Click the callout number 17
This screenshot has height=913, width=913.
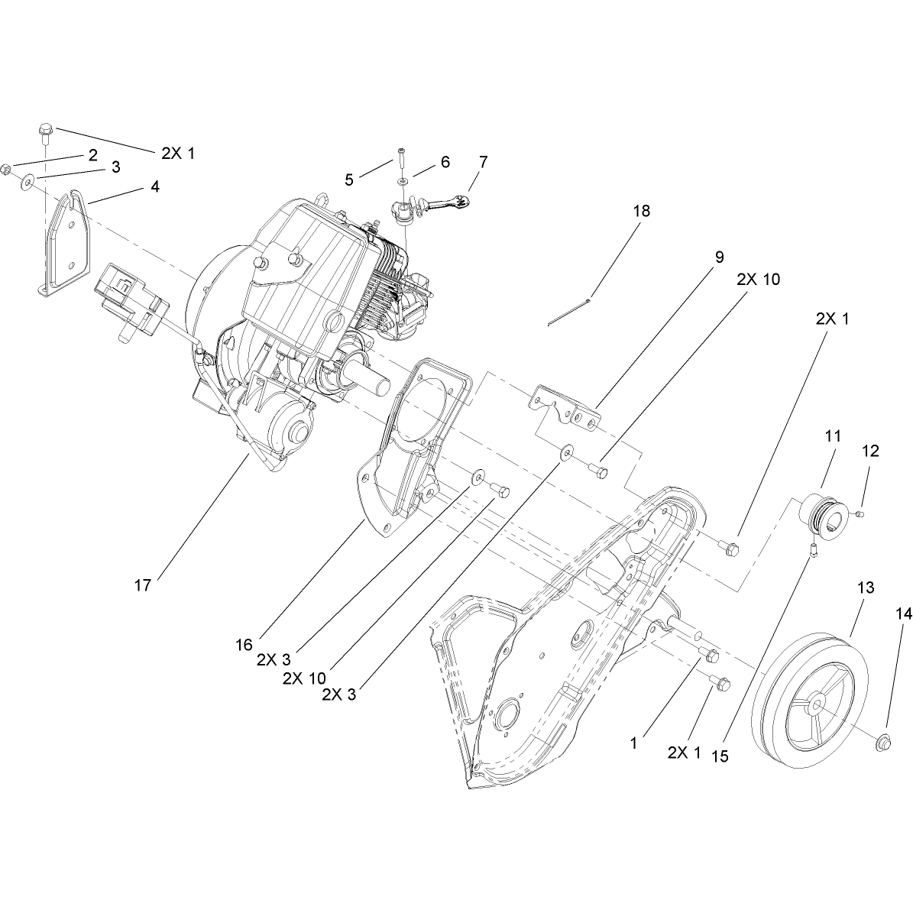[x=143, y=585]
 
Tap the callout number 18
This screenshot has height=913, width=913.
[x=642, y=211]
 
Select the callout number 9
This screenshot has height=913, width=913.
[x=720, y=257]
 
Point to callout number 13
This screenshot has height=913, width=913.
[x=866, y=588]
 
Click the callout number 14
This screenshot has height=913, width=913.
[x=904, y=614]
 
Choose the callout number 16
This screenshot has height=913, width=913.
[x=244, y=645]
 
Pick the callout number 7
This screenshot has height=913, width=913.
[x=483, y=162]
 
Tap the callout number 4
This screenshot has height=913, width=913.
[x=154, y=186]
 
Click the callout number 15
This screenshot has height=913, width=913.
[x=720, y=756]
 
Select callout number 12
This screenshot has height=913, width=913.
[x=870, y=452]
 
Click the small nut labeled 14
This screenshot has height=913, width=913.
[x=883, y=743]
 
